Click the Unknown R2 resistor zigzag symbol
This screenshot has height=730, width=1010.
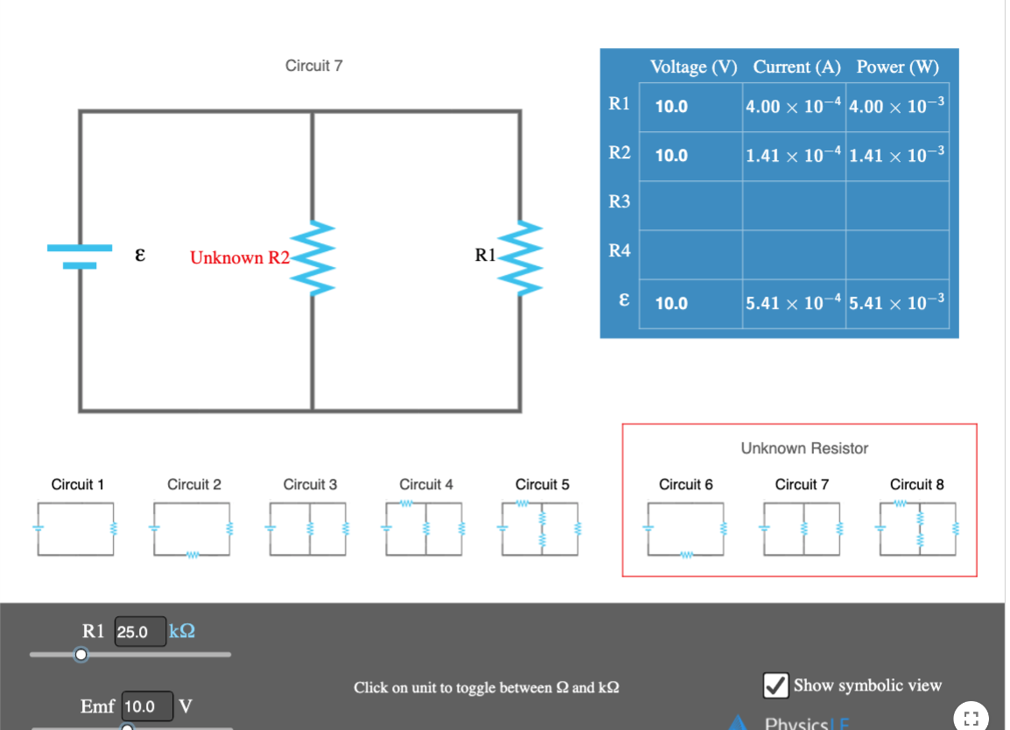tap(312, 257)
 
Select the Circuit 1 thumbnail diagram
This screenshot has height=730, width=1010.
tap(76, 528)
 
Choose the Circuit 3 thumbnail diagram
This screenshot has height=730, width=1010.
tap(309, 528)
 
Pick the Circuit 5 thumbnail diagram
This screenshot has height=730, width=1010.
tap(541, 528)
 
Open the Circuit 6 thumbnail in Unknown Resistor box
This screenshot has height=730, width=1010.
tap(685, 528)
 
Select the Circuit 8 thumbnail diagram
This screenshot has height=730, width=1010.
tap(917, 528)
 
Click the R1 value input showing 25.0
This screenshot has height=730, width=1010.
tap(140, 631)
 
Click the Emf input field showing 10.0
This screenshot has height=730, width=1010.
tap(147, 705)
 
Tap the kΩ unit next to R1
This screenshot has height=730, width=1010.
tap(182, 631)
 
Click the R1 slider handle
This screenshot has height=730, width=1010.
tap(81, 654)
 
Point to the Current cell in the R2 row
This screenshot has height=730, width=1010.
tap(793, 156)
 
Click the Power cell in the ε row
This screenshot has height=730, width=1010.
tap(897, 304)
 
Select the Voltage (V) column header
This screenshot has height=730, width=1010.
tap(693, 67)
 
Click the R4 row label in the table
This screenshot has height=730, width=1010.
tap(619, 251)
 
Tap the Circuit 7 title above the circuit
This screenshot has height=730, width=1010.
tap(313, 66)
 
